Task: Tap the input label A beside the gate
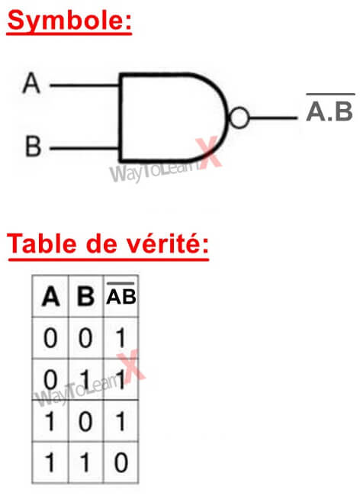coord(31,83)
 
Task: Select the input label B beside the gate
coord(34,147)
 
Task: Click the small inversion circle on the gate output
coord(239,118)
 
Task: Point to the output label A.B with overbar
coord(329,108)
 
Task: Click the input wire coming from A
coord(85,85)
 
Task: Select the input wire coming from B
coord(85,148)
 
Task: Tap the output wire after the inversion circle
coord(273,118)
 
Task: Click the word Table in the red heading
coord(42,244)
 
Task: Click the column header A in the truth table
coord(50,296)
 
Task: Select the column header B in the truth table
coord(85,296)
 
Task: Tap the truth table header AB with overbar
coord(121,293)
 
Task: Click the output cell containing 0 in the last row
coord(121,462)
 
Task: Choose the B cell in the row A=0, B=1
coord(85,379)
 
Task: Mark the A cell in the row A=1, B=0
coord(50,421)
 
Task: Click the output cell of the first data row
coord(121,338)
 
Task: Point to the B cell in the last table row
coord(85,462)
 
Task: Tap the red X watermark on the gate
coord(209,152)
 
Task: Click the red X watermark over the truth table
coord(131,366)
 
